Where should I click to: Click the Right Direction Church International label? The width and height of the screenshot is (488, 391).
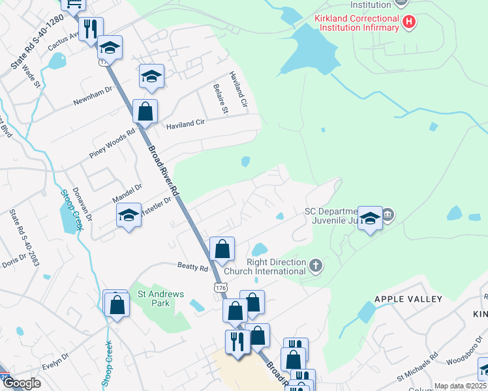point(264,267)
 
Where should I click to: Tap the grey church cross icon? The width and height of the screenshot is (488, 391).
point(316,265)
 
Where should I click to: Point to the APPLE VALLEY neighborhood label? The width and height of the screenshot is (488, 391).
point(408,299)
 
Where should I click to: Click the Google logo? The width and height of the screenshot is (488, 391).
point(22,383)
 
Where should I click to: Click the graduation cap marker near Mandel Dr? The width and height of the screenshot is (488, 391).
point(129,216)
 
